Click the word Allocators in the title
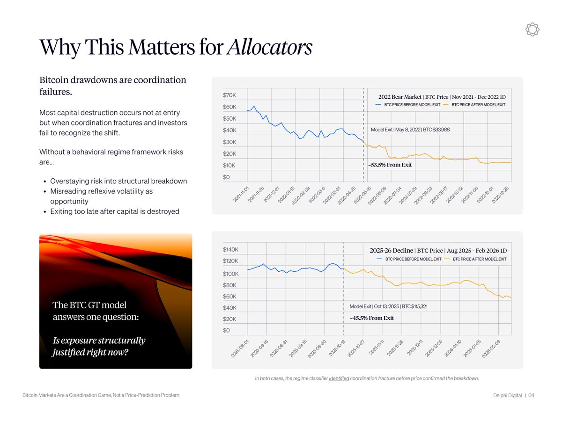pyautogui.click(x=269, y=47)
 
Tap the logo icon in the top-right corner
pyautogui.click(x=532, y=29)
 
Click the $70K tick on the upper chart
pyautogui.click(x=229, y=95)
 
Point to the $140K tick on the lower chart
pyautogui.click(x=231, y=250)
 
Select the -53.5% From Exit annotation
pyautogui.click(x=390, y=165)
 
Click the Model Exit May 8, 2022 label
pyautogui.click(x=410, y=129)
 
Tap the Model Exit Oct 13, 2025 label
pyautogui.click(x=388, y=306)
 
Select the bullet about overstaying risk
pyautogui.click(x=118, y=181)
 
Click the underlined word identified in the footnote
pyautogui.click(x=339, y=378)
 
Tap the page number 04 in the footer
pyautogui.click(x=531, y=396)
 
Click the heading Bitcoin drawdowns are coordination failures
pyautogui.click(x=112, y=86)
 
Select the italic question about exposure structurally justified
pyautogui.click(x=99, y=346)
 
